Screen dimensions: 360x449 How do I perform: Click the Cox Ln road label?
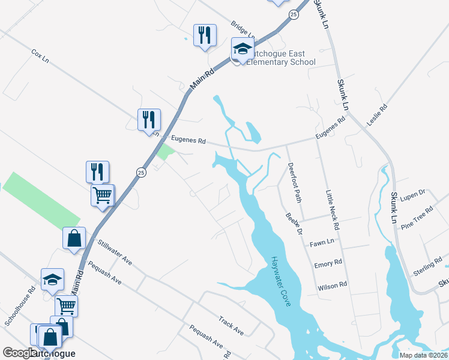40,55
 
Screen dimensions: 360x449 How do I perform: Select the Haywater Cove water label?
280,280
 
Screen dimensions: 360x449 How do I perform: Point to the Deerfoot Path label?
294,182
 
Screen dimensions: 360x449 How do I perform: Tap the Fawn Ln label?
322,242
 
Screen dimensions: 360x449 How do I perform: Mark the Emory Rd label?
328,263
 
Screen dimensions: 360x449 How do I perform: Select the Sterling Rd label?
427,268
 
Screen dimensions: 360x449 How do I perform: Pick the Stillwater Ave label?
115,251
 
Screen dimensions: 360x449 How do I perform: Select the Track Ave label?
231,325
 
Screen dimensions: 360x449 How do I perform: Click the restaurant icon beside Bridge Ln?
205,35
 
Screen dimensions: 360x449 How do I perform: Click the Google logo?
19,353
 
